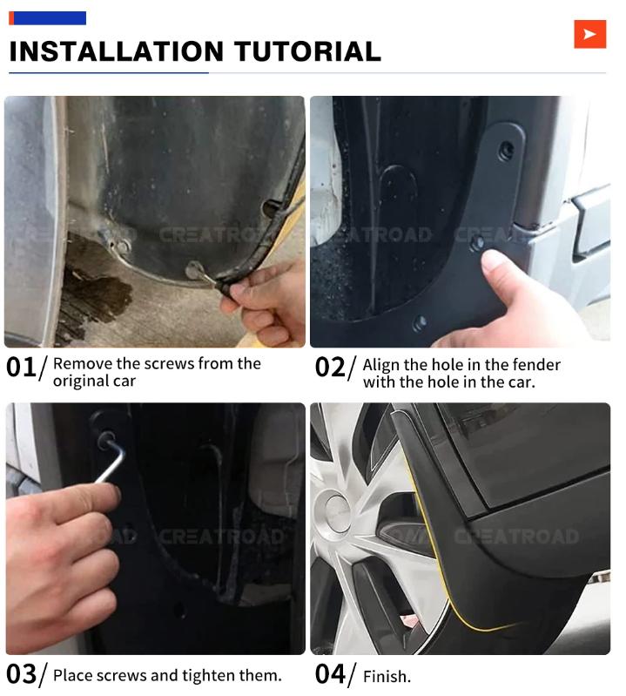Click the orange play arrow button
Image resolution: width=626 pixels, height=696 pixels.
point(589,34)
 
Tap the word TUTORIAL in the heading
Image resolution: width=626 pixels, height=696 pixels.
point(309,51)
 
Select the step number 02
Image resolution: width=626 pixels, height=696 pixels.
point(331,368)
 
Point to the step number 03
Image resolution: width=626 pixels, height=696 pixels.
point(22,673)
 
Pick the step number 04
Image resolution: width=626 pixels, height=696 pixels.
point(331,673)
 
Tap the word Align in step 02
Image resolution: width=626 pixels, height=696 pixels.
point(381,364)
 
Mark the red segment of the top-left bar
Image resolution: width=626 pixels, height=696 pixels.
point(11,17)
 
